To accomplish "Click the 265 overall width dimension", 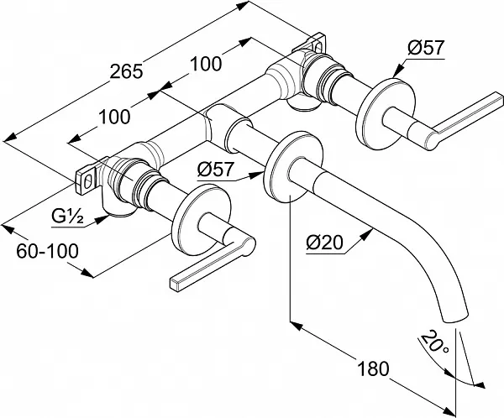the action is point(126,71).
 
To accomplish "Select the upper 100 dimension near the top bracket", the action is point(206,63).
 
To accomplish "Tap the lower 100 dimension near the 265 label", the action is point(114,117).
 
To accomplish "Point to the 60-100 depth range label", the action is point(48,251).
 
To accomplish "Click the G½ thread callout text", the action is point(67,217).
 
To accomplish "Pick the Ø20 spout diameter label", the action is point(324,243).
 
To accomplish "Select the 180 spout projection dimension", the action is point(373,368).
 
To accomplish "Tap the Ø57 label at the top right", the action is point(426,48).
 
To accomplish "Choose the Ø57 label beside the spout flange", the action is point(216,170).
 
